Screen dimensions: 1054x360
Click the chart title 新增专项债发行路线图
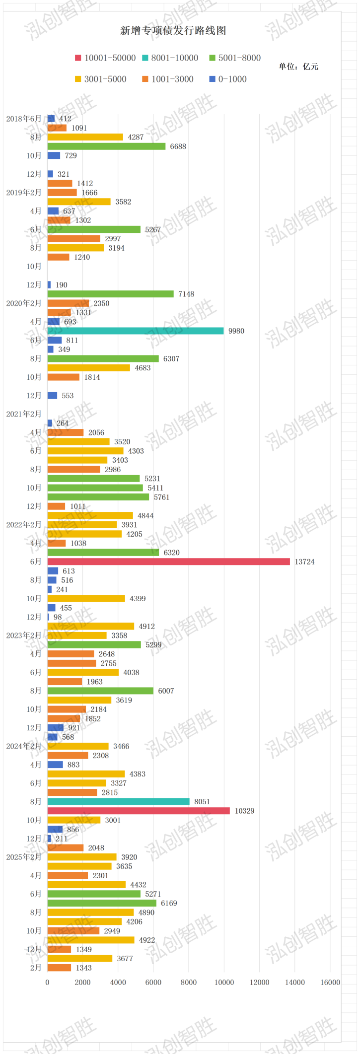click(173, 31)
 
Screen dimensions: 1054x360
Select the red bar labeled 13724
click(168, 562)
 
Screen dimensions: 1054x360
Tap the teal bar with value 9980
click(135, 331)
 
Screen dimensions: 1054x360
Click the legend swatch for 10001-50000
click(78, 58)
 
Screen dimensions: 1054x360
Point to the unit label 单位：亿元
click(298, 67)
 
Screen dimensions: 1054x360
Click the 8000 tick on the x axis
click(189, 982)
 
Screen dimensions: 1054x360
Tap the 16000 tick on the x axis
click(330, 982)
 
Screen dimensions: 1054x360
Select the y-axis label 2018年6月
click(24, 119)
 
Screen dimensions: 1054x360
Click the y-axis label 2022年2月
click(24, 525)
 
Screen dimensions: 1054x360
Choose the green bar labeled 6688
click(106, 146)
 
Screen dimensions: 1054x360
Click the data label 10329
click(244, 811)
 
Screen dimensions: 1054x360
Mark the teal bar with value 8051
click(118, 801)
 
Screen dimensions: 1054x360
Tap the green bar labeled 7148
click(110, 294)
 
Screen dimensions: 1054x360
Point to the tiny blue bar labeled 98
click(48, 617)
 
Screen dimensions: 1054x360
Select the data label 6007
click(166, 691)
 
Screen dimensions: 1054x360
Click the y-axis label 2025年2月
click(24, 857)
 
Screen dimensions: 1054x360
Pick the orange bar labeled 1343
click(59, 968)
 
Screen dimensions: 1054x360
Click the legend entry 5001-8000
click(239, 58)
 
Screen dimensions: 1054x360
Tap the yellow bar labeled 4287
click(85, 137)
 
